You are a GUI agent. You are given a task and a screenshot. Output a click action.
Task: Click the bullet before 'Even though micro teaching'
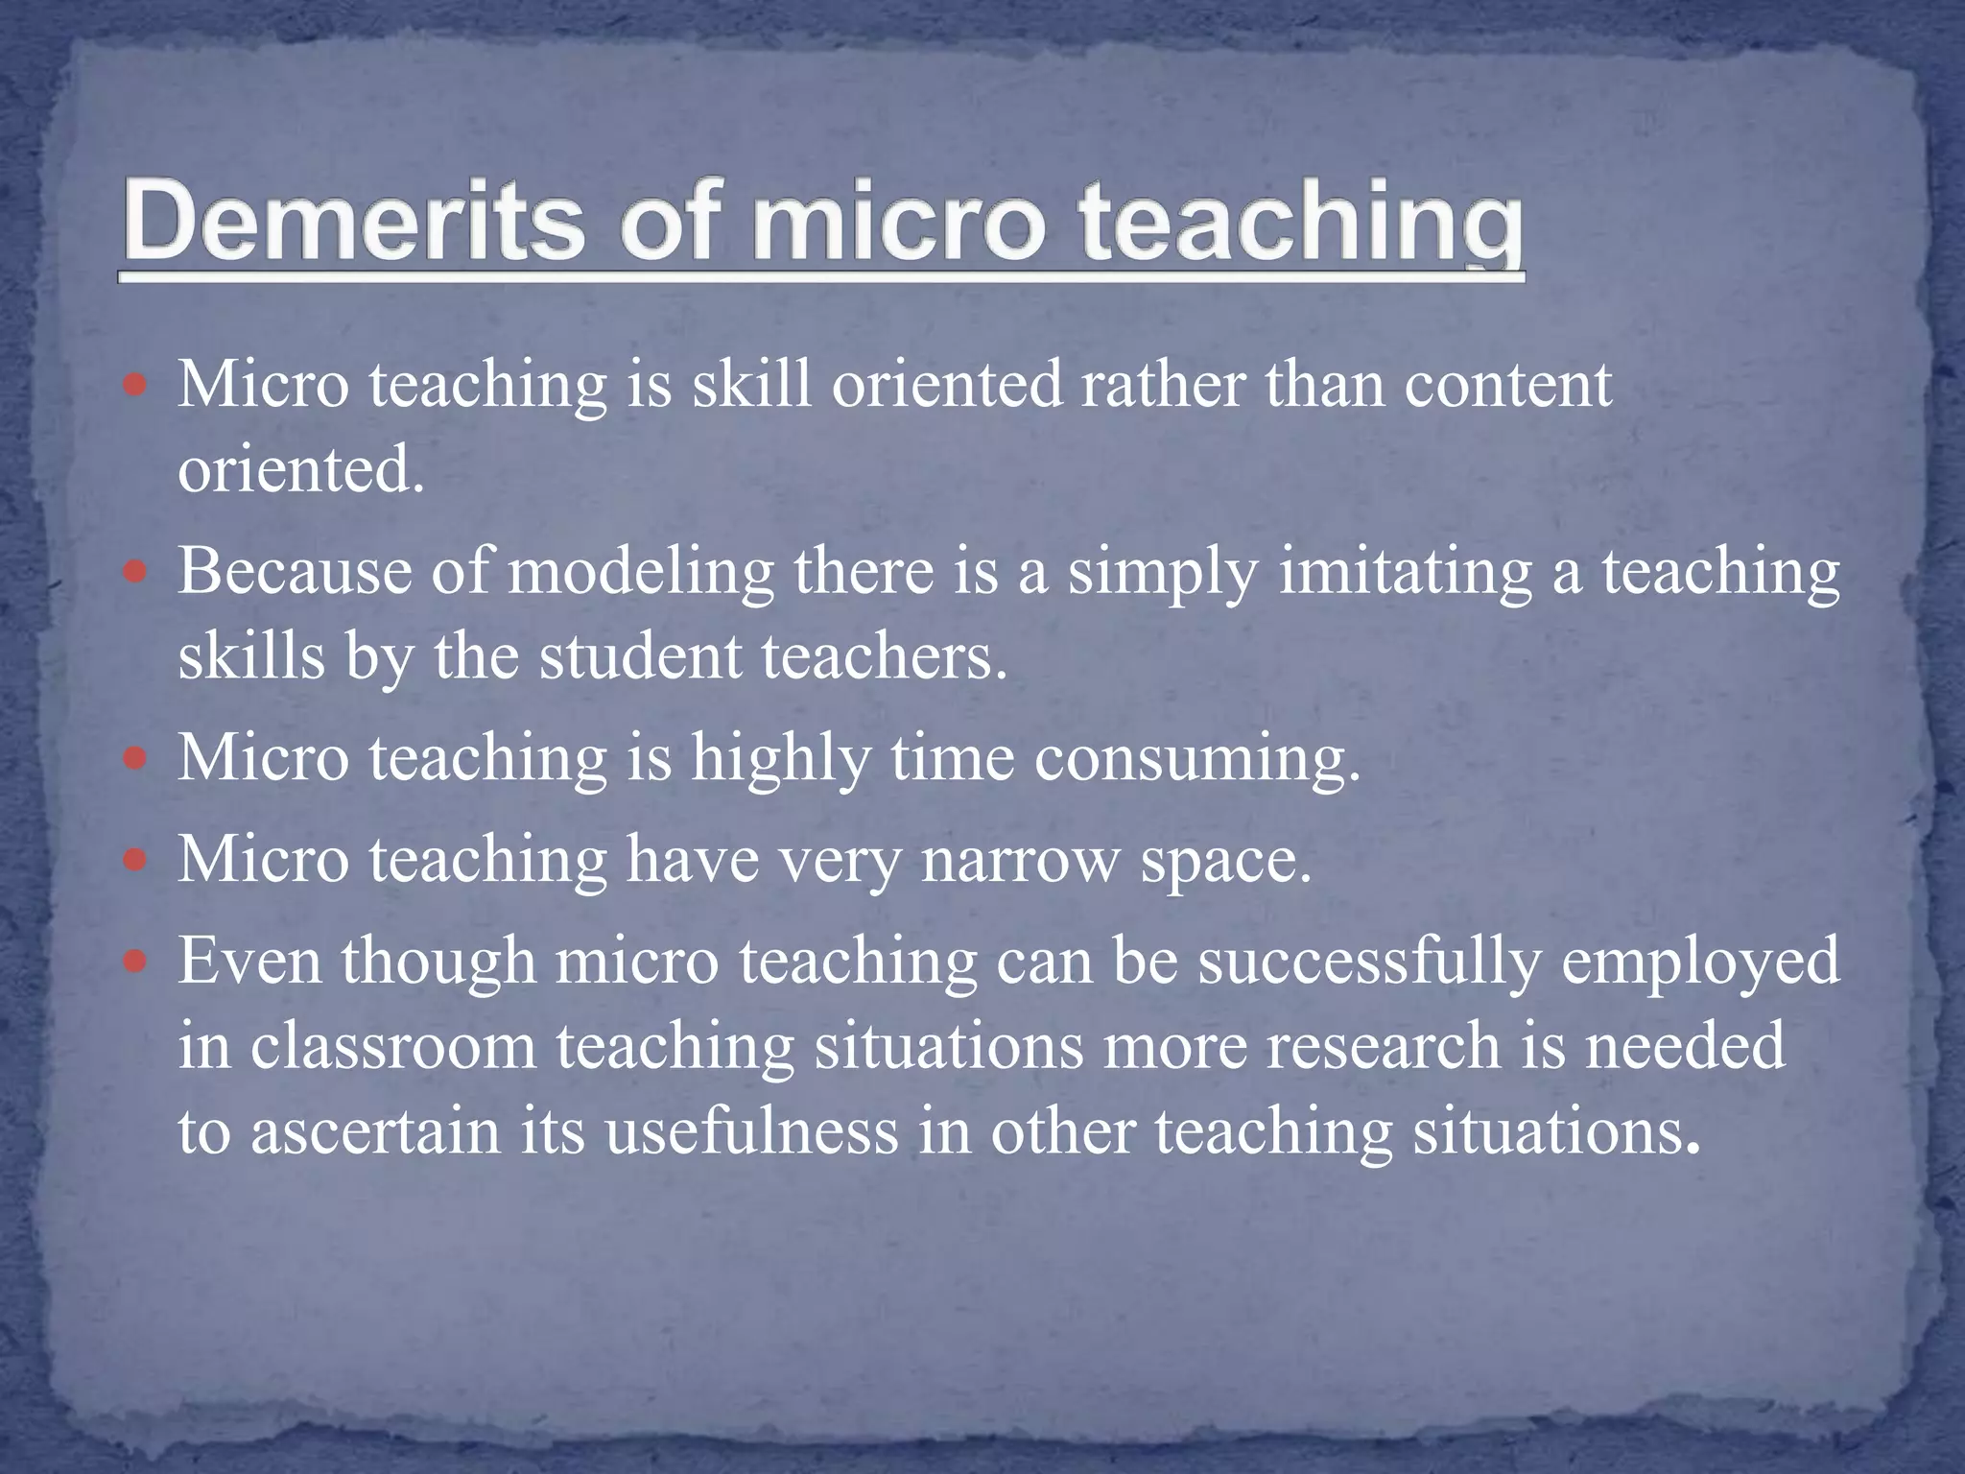click(x=136, y=961)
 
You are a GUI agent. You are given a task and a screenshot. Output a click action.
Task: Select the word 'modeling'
click(x=640, y=572)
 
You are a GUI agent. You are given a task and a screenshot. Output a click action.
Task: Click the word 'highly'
click(x=780, y=759)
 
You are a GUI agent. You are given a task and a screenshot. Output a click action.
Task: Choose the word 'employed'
click(x=1699, y=961)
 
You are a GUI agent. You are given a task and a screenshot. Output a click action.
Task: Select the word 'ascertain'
click(x=375, y=1132)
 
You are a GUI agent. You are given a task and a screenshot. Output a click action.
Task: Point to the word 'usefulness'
click(x=751, y=1132)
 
